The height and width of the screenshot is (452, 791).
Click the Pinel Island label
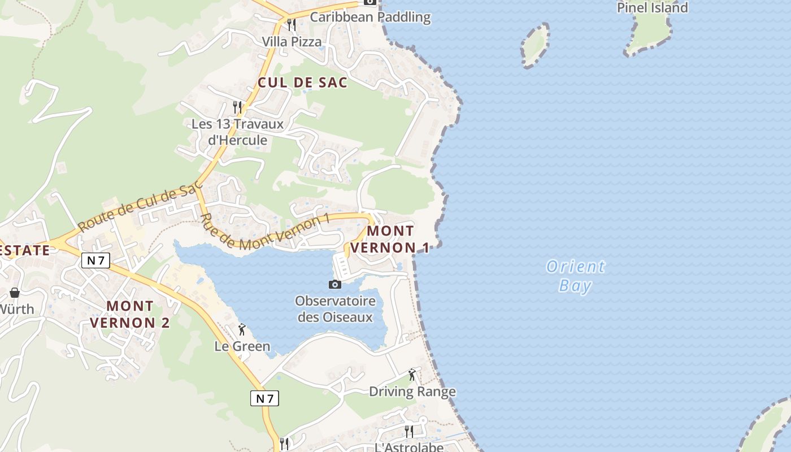(652, 8)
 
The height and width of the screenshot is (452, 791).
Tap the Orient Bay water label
(575, 276)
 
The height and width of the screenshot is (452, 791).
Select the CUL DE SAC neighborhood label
(302, 82)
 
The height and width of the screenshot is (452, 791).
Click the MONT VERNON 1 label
(390, 239)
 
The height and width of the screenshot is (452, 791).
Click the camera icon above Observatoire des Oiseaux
(335, 284)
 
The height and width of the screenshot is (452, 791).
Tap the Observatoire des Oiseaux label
(335, 308)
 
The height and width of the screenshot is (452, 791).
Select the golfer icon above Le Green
(242, 329)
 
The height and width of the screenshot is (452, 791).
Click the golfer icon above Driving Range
(412, 375)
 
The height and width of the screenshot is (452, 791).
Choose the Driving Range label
(412, 392)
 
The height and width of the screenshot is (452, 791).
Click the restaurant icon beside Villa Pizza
(292, 25)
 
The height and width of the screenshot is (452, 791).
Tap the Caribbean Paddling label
(370, 17)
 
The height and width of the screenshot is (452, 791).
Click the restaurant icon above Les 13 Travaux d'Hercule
(238, 106)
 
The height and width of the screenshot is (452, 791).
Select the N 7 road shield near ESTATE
(95, 260)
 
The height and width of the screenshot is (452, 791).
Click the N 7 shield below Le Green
(264, 398)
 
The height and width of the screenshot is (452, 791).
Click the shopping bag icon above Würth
(15, 293)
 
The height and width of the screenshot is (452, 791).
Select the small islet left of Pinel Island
(534, 45)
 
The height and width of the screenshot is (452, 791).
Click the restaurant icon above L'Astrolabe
(408, 432)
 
